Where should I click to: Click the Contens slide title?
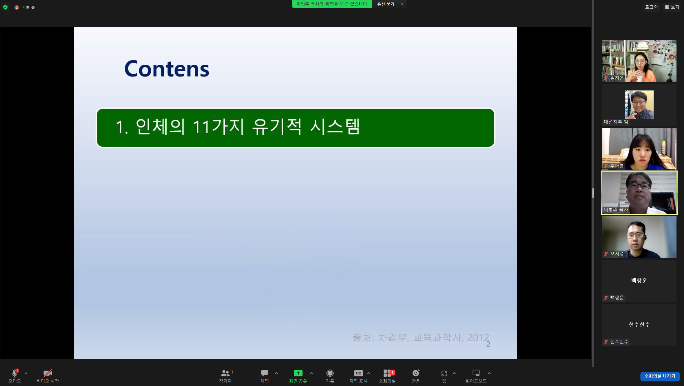[x=166, y=69]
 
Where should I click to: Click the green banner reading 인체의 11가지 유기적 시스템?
[x=295, y=128]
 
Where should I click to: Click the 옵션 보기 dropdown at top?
[x=390, y=4]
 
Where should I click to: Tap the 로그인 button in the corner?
[x=651, y=7]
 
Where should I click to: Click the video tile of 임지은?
[x=639, y=61]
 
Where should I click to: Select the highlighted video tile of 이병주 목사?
[x=639, y=193]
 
